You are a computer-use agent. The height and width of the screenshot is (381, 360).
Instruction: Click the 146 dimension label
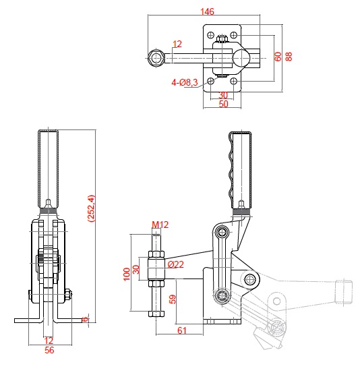[207, 11]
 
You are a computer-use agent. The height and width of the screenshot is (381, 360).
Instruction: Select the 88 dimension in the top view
[289, 57]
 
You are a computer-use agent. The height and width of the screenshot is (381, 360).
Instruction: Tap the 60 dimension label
[278, 57]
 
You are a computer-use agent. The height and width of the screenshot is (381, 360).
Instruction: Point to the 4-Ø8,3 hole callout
[185, 82]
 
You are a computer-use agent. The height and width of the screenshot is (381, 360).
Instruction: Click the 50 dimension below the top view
[223, 104]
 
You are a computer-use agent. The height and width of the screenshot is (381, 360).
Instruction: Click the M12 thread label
[160, 225]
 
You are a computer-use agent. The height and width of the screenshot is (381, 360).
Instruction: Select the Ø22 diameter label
[176, 264]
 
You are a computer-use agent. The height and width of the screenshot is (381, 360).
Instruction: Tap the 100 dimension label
[127, 274]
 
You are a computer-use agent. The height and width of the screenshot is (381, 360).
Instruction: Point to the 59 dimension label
[173, 299]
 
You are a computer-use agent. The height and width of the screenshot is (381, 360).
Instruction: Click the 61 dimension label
[182, 330]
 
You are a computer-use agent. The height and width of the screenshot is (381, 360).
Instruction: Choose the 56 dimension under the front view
[49, 350]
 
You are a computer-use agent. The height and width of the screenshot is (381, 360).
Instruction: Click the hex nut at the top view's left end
[156, 58]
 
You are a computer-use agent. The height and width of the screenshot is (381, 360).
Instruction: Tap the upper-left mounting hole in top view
[211, 35]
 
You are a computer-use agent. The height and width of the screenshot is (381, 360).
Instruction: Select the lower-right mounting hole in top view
[234, 81]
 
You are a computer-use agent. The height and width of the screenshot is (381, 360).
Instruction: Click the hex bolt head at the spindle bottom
[156, 314]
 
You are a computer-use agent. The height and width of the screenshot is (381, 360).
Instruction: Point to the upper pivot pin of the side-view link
[222, 231]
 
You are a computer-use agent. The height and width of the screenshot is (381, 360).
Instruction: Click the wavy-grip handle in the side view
[240, 170]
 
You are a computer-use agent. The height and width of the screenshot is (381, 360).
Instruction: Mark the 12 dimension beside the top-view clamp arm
[177, 44]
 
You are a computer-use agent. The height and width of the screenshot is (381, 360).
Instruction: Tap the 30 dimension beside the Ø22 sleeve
[137, 269]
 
